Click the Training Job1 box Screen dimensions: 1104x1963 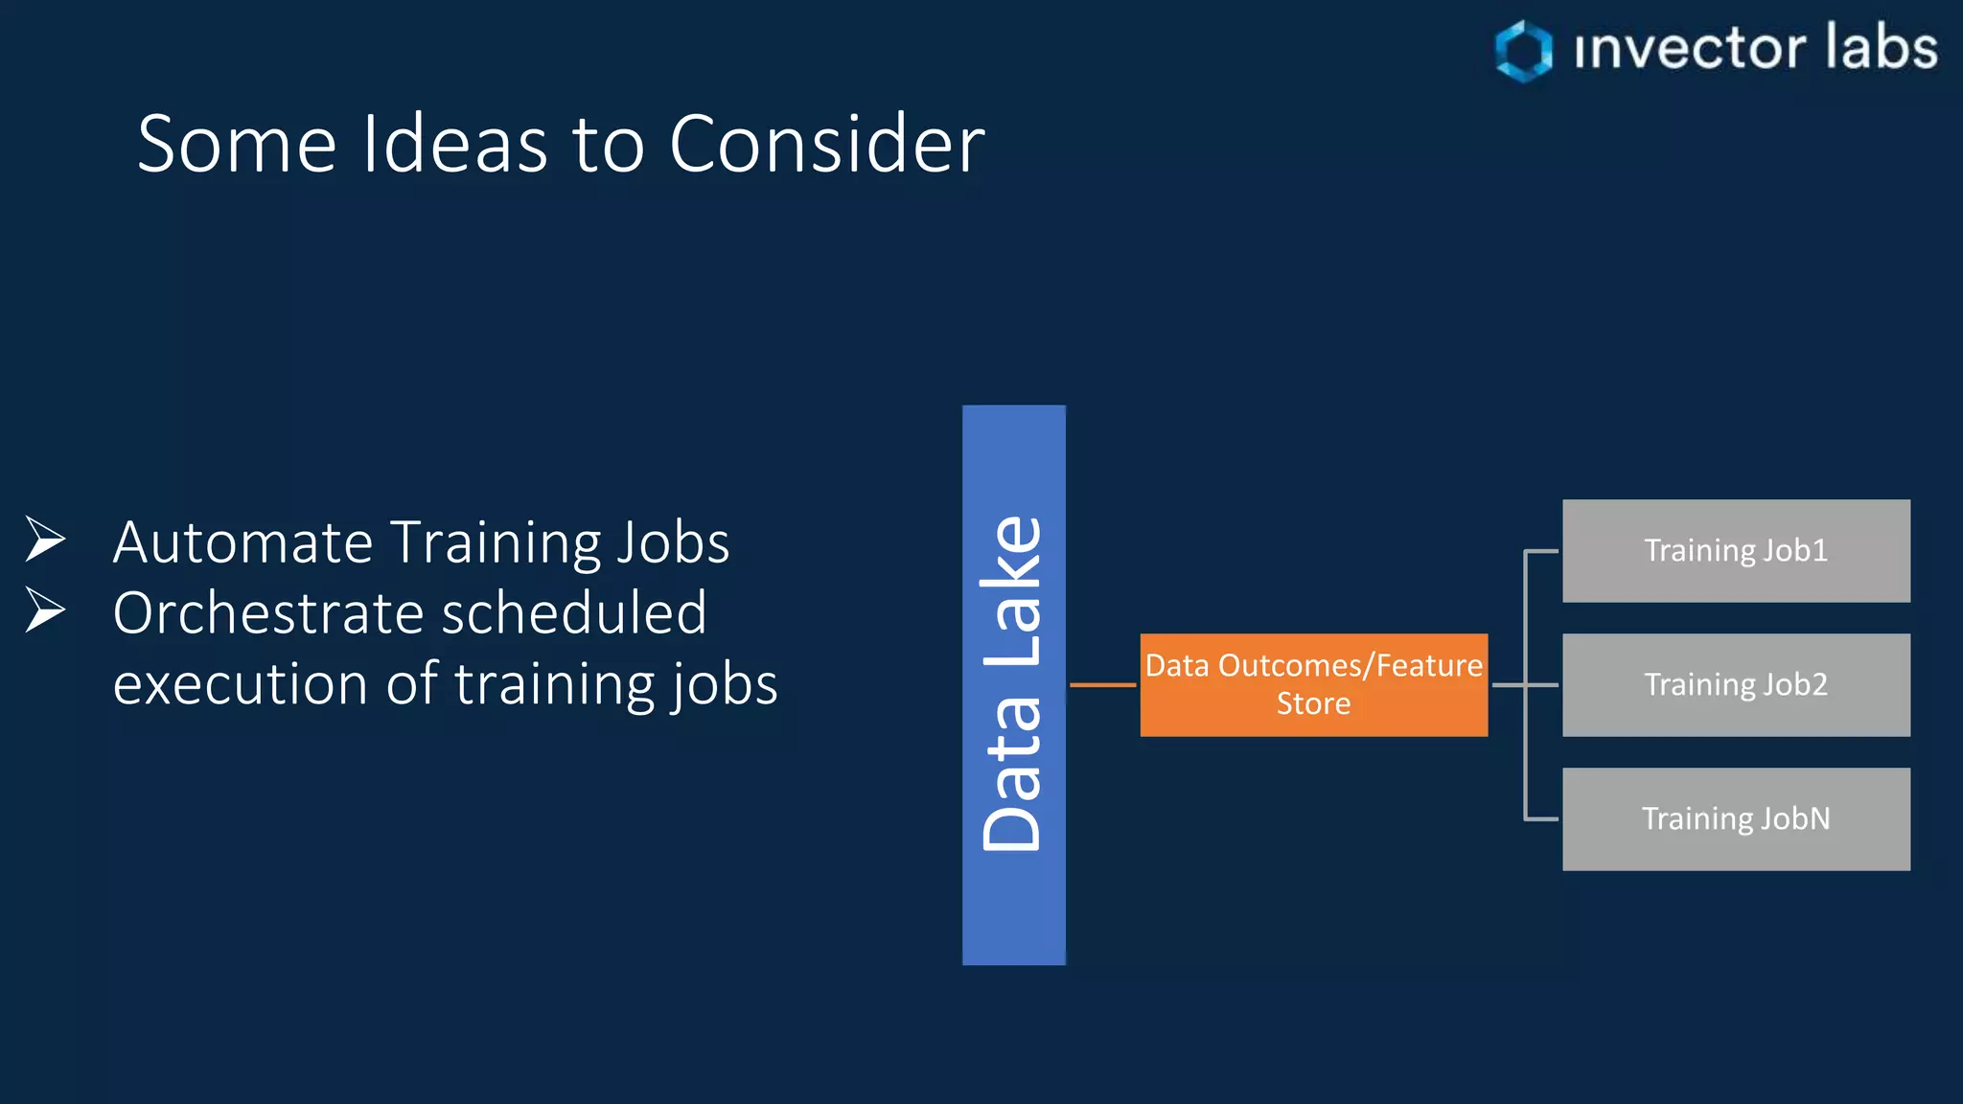(1736, 551)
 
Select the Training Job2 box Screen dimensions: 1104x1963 (1736, 685)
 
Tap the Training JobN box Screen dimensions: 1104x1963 (1736, 819)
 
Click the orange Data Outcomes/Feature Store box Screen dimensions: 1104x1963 (1313, 684)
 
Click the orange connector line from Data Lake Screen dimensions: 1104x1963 (1102, 685)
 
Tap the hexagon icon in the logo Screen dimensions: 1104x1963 (1523, 51)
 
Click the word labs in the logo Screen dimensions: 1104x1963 (1881, 48)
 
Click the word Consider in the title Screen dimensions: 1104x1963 (826, 144)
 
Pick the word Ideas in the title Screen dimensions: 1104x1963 (455, 144)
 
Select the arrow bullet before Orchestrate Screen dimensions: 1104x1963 (44, 610)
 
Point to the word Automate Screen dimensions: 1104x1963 (242, 542)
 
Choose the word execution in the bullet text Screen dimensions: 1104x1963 (240, 684)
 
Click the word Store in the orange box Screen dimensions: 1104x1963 (1313, 703)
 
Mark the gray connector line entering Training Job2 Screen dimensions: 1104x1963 (1541, 685)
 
